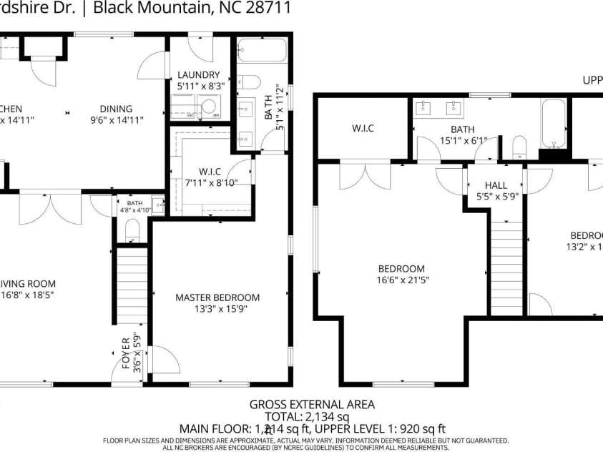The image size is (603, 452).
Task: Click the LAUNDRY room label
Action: [199, 74]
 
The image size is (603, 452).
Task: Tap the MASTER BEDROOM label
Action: [217, 298]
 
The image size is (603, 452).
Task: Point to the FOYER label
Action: [126, 353]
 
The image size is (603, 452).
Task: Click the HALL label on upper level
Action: [496, 185]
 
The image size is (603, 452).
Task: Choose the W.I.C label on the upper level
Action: [363, 129]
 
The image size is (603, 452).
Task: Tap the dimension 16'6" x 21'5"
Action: [404, 280]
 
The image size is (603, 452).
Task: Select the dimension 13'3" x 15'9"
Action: [217, 310]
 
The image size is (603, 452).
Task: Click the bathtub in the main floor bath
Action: [261, 51]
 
